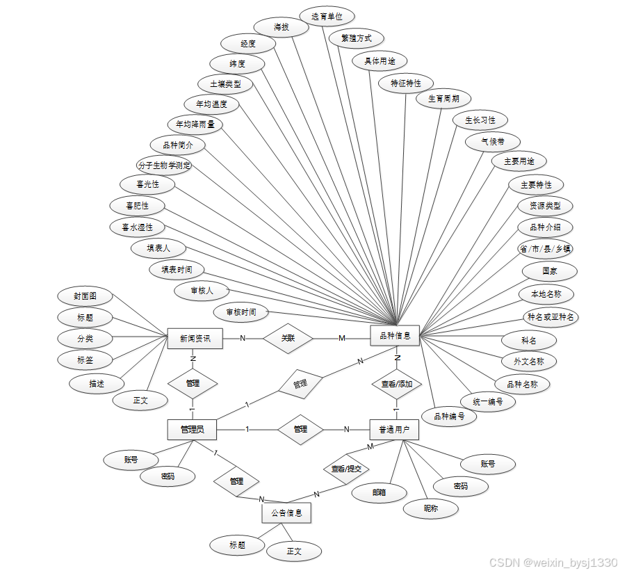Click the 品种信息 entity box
point(395,337)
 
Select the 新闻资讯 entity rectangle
point(195,339)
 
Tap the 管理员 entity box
point(192,429)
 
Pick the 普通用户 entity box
point(394,430)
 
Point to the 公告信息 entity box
point(286,513)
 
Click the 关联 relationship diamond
point(288,339)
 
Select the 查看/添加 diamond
point(397,384)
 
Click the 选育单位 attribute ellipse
point(327,16)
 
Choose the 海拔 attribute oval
point(281,27)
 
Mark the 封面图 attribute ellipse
point(85,296)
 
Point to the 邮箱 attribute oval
point(379,492)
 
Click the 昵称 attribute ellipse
point(431,508)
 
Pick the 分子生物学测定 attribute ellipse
point(164,166)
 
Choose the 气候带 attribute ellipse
point(493,141)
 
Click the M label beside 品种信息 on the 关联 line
point(342,339)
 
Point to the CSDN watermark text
point(553,562)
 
